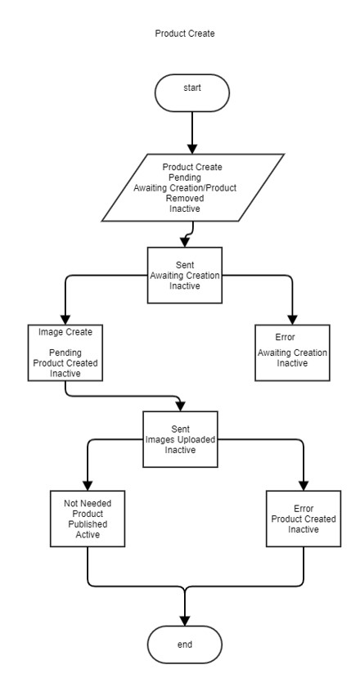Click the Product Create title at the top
pyautogui.click(x=185, y=34)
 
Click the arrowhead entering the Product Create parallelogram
pyautogui.click(x=192, y=149)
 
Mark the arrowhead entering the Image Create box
pyautogui.click(x=65, y=319)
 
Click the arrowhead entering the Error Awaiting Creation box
pyautogui.click(x=292, y=319)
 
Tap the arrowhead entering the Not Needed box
pyautogui.click(x=88, y=486)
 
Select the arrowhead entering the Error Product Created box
pyautogui.click(x=304, y=486)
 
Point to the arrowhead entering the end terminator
pyautogui.click(x=185, y=621)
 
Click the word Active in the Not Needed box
pyautogui.click(x=88, y=535)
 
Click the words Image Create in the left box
pyautogui.click(x=65, y=332)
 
